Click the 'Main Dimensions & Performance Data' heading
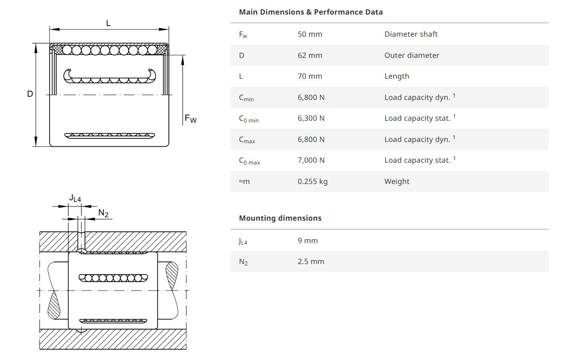pyautogui.click(x=310, y=12)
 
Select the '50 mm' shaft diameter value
pyautogui.click(x=310, y=34)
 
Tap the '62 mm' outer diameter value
pyautogui.click(x=310, y=55)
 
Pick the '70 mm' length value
pyautogui.click(x=310, y=76)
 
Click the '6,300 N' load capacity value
pyautogui.click(x=311, y=118)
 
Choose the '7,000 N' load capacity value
pyautogui.click(x=311, y=160)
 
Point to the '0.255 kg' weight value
pyautogui.click(x=312, y=181)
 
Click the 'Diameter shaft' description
pyautogui.click(x=411, y=34)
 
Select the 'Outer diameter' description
pyautogui.click(x=412, y=55)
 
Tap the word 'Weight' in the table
pyautogui.click(x=397, y=181)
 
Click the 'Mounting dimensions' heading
pyautogui.click(x=280, y=218)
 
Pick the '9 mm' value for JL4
pyautogui.click(x=307, y=241)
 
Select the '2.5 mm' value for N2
pyautogui.click(x=310, y=261)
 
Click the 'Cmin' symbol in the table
pyautogui.click(x=246, y=98)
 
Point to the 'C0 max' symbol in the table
pyautogui.click(x=249, y=161)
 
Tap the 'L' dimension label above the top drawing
pyautogui.click(x=108, y=23)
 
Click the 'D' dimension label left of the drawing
pyautogui.click(x=30, y=94)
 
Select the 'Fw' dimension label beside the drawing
pyautogui.click(x=191, y=119)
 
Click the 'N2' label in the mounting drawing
pyautogui.click(x=103, y=214)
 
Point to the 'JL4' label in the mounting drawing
pyautogui.click(x=75, y=199)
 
